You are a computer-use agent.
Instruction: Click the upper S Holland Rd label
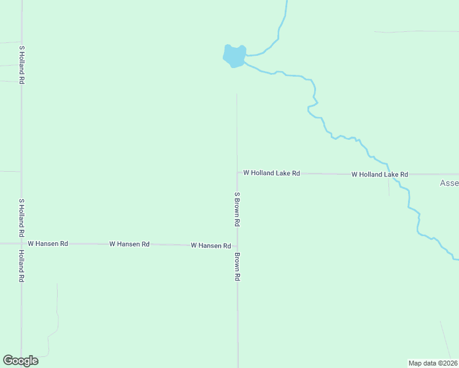(21, 64)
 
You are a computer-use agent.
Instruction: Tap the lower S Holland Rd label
(21, 218)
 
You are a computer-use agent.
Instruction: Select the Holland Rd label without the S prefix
(21, 266)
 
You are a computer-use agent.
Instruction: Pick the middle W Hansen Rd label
(129, 244)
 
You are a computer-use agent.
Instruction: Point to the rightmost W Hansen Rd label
(210, 245)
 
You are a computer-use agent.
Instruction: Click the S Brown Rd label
(237, 209)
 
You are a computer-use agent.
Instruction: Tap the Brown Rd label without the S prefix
(237, 267)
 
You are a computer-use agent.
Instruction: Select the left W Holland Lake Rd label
(271, 174)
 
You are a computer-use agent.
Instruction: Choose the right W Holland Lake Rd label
(379, 175)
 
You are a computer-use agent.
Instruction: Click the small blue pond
(234, 56)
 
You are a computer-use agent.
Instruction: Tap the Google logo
(20, 361)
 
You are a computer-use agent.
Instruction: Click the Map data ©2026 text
(433, 363)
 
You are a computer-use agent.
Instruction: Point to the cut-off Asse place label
(449, 183)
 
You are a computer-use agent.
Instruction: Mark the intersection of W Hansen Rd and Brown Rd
(237, 246)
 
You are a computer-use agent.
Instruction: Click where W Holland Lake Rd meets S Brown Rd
(237, 173)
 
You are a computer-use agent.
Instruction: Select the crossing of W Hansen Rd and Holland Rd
(21, 243)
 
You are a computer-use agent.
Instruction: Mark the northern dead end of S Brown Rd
(237, 94)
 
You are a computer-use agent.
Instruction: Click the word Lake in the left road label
(283, 174)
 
